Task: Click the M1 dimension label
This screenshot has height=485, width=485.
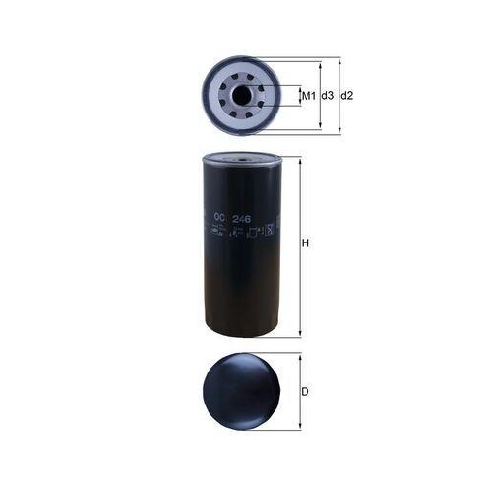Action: [308, 96]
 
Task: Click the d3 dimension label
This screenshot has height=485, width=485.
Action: [328, 96]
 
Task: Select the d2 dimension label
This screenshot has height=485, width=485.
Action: [348, 96]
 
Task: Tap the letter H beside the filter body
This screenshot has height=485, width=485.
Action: [306, 244]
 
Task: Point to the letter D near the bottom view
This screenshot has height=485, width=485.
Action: [305, 392]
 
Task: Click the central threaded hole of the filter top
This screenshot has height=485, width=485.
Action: [241, 95]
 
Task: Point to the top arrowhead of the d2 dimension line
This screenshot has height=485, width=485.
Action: [339, 60]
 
